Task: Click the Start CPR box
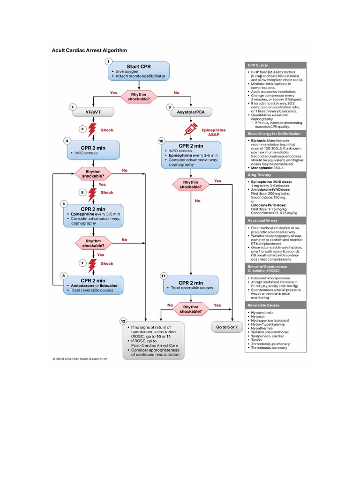138,71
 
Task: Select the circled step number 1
109,61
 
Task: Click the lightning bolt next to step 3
92,130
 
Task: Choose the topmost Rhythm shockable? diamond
138,97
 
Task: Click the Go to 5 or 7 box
226,327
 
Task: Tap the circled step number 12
123,321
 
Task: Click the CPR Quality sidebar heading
275,65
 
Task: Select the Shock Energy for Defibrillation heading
275,134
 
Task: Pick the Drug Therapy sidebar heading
275,174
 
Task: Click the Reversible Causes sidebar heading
275,305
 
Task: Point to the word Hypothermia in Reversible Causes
262,329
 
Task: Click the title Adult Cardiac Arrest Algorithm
89,50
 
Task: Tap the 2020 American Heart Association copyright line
80,359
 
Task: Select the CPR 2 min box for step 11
191,285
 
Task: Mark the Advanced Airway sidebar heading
275,220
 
